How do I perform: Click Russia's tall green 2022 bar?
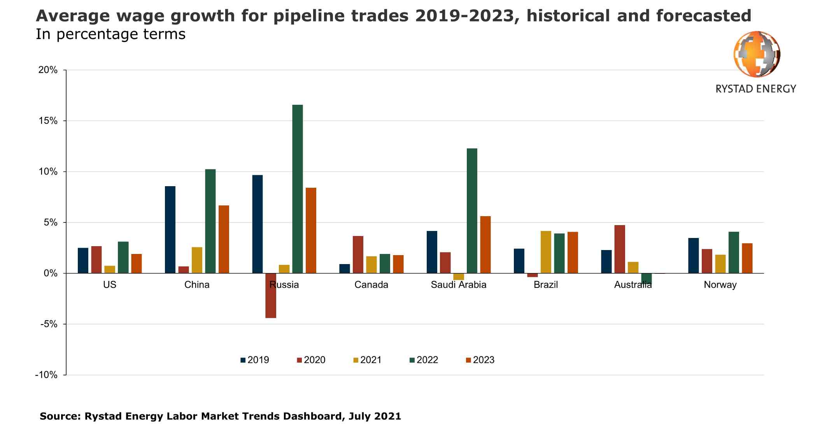pos(297,189)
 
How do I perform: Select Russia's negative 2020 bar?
pos(271,296)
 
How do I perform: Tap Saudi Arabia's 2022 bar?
pos(471,211)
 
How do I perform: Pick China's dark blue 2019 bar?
pos(170,229)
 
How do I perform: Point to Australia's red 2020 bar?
pos(620,249)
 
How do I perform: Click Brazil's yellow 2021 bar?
pos(546,252)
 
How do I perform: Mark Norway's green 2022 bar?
pos(734,252)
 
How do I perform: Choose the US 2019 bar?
pos(83,260)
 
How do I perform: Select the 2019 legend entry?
pos(254,360)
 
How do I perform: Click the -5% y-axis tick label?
pos(49,324)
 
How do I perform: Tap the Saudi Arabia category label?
pos(458,285)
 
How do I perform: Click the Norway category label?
pos(720,285)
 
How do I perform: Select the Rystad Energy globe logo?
pos(757,54)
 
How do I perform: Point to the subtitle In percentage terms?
pos(110,34)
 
